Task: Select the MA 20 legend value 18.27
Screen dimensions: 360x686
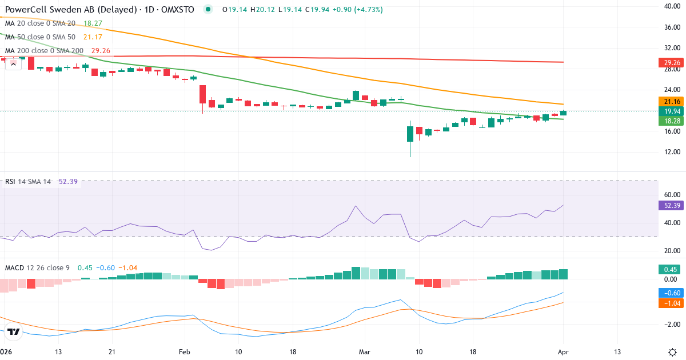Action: click(93, 23)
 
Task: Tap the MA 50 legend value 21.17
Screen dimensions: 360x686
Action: click(93, 37)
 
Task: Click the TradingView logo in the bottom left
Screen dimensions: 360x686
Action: click(14, 331)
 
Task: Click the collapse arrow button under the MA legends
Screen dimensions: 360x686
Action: click(14, 64)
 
